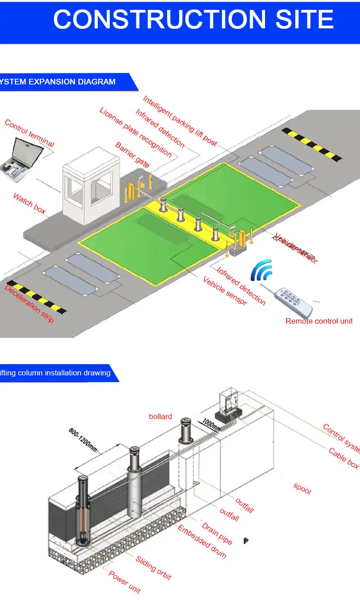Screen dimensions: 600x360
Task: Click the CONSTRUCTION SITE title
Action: point(193,20)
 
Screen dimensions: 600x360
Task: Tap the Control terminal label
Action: point(29,133)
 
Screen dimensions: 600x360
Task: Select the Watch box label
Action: point(29,203)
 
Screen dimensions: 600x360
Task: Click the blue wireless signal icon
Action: point(262,270)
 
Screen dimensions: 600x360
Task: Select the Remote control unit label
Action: point(319,321)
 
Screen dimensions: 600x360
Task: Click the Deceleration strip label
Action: point(29,303)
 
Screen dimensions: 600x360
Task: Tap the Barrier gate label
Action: point(132,155)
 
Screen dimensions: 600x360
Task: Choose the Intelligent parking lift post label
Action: point(180,121)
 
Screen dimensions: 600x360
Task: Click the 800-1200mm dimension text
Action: point(83,439)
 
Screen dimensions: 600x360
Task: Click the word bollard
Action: point(160,417)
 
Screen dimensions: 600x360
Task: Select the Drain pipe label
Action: point(217,533)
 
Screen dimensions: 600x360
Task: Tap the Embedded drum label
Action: point(202,541)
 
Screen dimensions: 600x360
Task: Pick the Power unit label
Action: point(125,582)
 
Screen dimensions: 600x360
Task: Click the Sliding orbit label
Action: point(153,568)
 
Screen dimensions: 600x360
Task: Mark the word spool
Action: point(302,488)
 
